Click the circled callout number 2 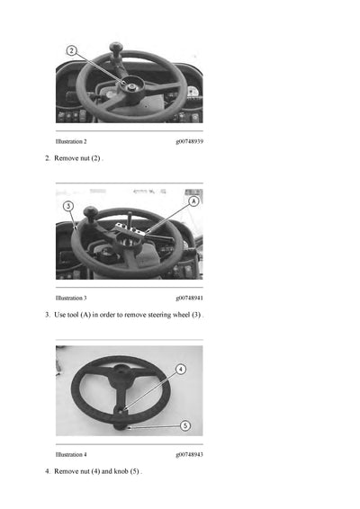tap(72, 50)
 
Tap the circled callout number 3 tap(67, 206)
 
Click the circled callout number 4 tap(180, 369)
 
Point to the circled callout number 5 tap(184, 424)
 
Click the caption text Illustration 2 tap(71, 142)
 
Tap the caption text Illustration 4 tap(71, 454)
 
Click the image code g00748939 tap(189, 142)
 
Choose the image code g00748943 tap(189, 454)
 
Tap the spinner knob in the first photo tap(115, 49)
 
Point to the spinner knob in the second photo tap(90, 212)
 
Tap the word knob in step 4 tap(121, 471)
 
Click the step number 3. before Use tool tap(47, 315)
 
